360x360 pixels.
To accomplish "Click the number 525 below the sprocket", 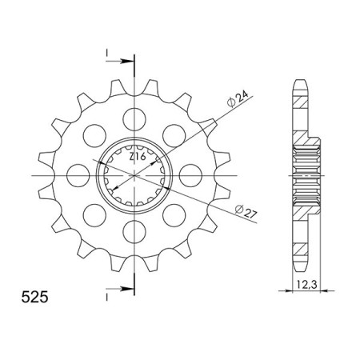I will pos(34,298).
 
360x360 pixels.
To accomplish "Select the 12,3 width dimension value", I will pos(297,282).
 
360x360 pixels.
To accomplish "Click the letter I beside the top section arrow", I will pos(106,54).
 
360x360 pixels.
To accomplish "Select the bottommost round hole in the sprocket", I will pos(132,234).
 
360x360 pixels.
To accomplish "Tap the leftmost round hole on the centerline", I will pos(77,174).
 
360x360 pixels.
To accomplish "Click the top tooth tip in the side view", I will pos(300,82).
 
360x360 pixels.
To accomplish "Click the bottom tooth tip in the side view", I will pos(300,267).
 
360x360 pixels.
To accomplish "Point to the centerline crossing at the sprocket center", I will pos(132,175).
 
